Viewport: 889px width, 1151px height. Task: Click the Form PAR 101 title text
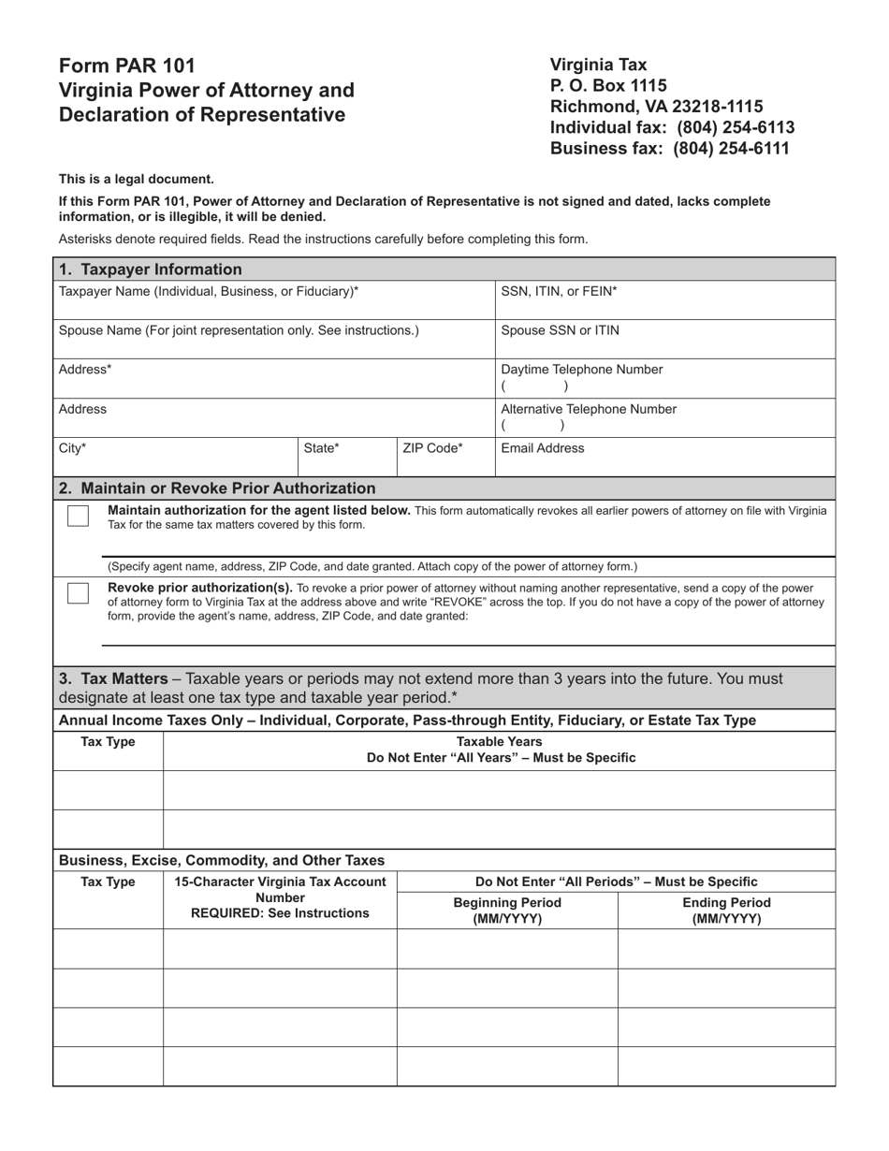tap(127, 66)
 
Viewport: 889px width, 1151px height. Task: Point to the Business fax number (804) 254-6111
tap(730, 148)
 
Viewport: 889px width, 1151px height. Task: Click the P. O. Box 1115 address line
tap(608, 86)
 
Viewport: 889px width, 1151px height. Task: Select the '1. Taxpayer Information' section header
tap(150, 270)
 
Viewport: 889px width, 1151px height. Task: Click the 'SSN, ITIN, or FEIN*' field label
tap(559, 291)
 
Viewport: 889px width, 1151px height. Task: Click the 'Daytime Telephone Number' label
tap(582, 370)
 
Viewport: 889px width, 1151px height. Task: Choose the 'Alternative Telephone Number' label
tap(589, 409)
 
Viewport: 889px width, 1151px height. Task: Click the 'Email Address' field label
tap(543, 448)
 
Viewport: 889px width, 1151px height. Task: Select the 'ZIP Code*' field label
tap(432, 448)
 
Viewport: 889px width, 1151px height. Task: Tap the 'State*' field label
tap(321, 448)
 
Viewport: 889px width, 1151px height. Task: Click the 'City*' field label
tap(72, 448)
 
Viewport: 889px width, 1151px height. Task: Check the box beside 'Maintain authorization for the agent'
tap(79, 517)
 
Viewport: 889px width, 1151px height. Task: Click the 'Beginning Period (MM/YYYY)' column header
tap(507, 911)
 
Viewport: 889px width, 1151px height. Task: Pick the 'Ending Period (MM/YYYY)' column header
tap(726, 911)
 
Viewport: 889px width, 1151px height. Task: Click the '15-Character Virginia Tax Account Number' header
tap(280, 896)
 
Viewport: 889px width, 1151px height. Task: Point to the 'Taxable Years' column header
tap(501, 742)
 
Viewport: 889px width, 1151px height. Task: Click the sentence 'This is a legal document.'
tap(137, 179)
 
